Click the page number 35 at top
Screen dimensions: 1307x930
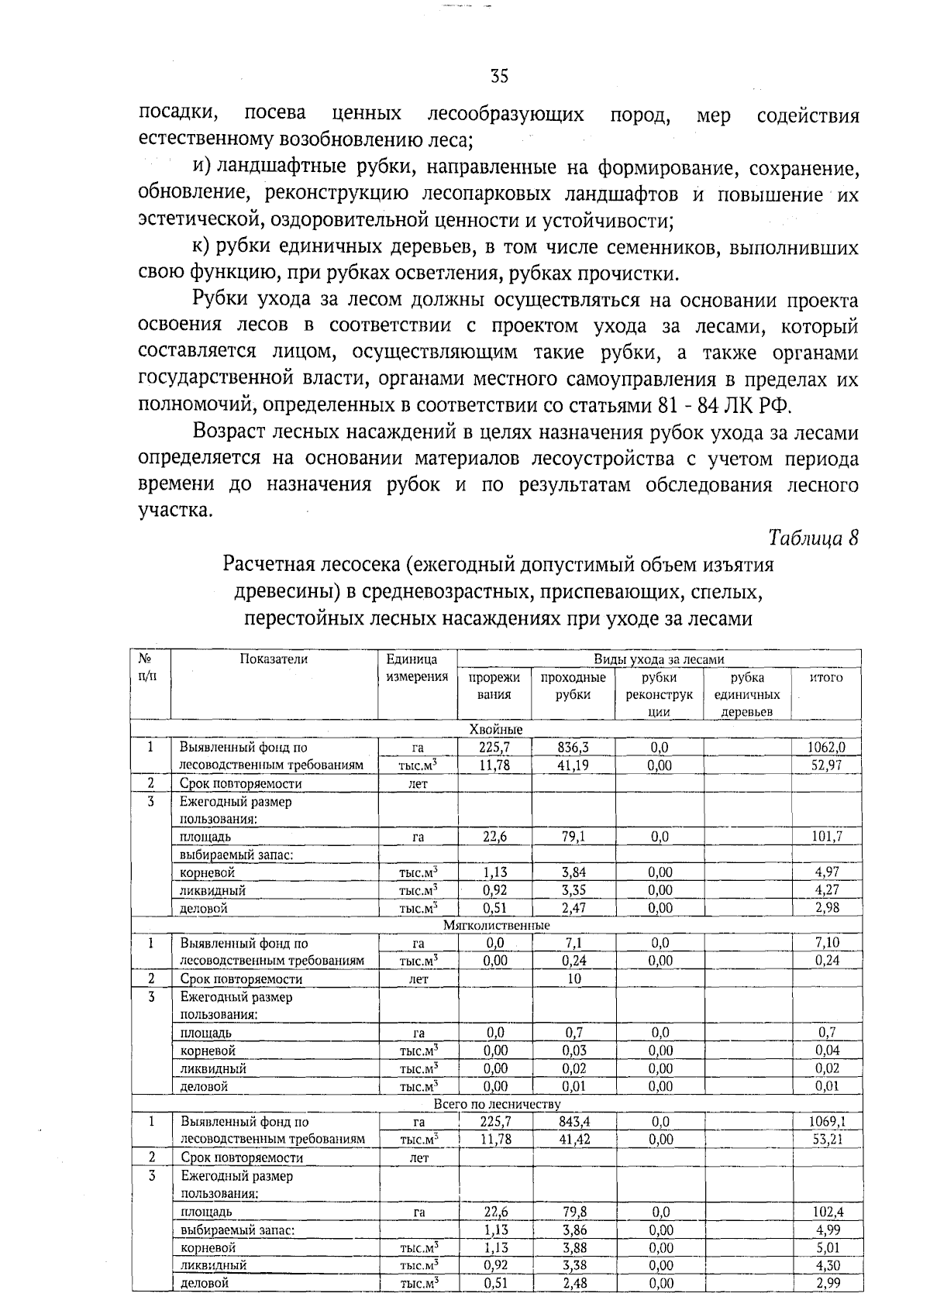(x=499, y=76)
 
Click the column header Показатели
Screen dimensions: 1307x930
(x=274, y=659)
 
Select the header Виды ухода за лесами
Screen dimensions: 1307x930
(x=659, y=659)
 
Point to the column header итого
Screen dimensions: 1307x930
(x=825, y=677)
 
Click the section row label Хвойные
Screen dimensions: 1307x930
(x=496, y=730)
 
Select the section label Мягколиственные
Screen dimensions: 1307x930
(x=496, y=925)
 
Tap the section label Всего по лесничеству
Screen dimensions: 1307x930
(x=496, y=1103)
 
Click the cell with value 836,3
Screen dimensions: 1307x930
(x=573, y=748)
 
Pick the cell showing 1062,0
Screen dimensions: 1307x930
(x=826, y=748)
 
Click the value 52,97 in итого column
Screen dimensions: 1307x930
(x=827, y=765)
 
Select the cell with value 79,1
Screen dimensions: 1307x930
(x=573, y=837)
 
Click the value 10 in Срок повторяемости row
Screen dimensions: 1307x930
(x=573, y=979)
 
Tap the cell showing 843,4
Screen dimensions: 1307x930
(x=574, y=1121)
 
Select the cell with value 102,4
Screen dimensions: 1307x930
(x=828, y=1212)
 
